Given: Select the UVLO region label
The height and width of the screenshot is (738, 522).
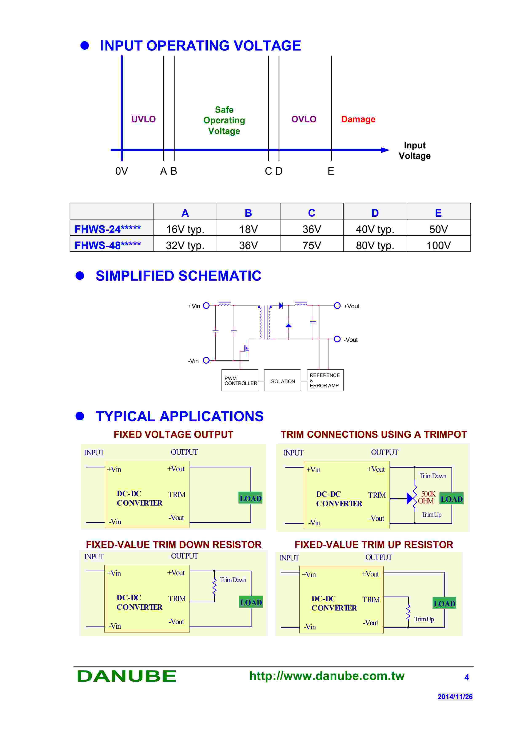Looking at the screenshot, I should point(143,119).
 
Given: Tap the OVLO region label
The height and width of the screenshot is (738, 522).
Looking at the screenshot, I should point(304,119).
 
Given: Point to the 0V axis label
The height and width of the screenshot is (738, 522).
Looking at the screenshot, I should point(121,171).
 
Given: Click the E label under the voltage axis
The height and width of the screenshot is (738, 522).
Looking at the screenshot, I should point(331,171).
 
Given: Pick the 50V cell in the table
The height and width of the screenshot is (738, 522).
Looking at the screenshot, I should point(438,229).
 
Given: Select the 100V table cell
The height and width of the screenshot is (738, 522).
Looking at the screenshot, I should point(438,245).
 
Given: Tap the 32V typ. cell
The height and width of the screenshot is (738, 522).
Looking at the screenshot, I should point(185,245).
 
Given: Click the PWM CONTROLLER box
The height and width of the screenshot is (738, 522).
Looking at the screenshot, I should point(240,381).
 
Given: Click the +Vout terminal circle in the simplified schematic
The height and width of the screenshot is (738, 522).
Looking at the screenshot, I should point(337,306).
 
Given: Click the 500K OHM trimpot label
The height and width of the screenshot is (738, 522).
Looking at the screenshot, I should point(427,497).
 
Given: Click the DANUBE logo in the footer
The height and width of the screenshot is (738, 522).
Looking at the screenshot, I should point(127,676).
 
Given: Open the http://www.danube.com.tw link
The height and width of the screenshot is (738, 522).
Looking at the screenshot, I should point(327,676).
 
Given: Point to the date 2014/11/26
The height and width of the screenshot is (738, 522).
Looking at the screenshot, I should point(455,697).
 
